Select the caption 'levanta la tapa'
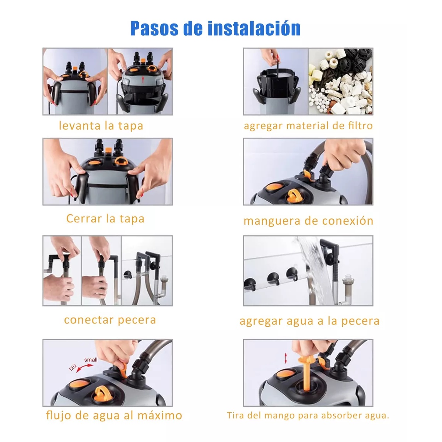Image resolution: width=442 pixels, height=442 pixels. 101,126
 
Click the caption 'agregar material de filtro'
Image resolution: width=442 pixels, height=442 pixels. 308,126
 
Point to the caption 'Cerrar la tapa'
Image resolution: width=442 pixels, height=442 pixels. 105,218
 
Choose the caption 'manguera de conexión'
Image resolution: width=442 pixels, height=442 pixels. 308,221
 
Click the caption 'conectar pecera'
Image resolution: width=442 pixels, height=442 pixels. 110,320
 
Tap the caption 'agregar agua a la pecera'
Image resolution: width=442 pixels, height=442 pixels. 309,321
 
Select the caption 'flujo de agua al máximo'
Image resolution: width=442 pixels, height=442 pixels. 114,415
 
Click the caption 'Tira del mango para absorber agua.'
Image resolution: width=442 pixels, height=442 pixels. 308,415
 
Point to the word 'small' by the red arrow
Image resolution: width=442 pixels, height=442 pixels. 91,359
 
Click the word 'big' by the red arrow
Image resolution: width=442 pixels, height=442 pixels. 73,367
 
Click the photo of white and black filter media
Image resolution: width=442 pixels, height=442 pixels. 341,82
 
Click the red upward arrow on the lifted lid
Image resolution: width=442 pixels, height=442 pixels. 143,79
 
